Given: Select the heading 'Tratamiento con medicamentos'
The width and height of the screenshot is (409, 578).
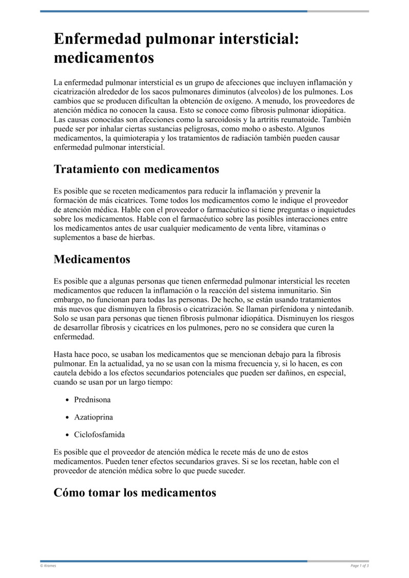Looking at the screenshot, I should pos(137,169).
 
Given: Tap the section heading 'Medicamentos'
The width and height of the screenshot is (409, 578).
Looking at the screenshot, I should pos(92,259).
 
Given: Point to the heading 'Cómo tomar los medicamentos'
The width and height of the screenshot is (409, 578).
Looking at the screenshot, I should pos(135,493).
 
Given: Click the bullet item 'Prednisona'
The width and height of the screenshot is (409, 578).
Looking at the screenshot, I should pos(93,399).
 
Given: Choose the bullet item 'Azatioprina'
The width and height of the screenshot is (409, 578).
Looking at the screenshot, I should pos(94,417).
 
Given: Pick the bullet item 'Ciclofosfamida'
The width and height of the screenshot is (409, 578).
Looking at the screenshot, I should pos(99,435).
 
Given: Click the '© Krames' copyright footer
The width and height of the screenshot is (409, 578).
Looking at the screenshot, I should pos(49,565).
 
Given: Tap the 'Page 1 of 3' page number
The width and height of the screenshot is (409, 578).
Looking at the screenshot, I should pos(359,565).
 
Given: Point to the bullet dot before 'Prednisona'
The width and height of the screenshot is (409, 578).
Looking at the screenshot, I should pos(67,399).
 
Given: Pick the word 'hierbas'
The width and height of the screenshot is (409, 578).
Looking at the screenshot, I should pos(141,237).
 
